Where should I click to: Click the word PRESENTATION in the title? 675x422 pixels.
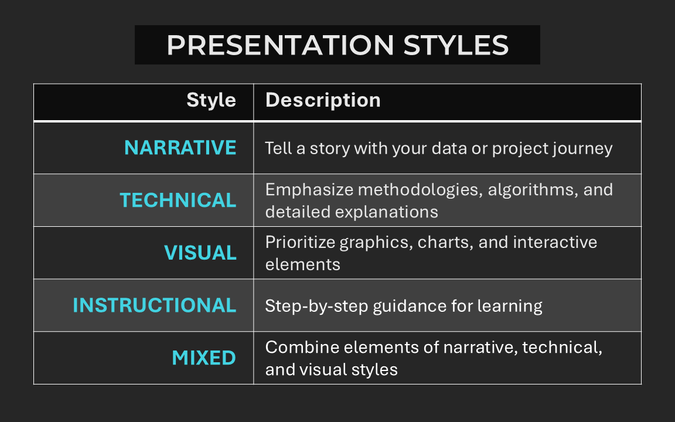280,45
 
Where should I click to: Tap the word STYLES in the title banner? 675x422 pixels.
456,45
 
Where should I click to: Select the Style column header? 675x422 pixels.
211,100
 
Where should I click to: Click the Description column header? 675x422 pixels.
323,100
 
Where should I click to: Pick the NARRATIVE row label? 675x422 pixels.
180,148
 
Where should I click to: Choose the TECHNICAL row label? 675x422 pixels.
178,200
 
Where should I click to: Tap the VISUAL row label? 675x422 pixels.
200,253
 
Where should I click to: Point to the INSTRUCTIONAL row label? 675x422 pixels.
155,305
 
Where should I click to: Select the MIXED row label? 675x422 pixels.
204,358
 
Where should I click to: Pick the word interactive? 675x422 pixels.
555,242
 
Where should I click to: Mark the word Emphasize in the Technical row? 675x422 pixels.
309,190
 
